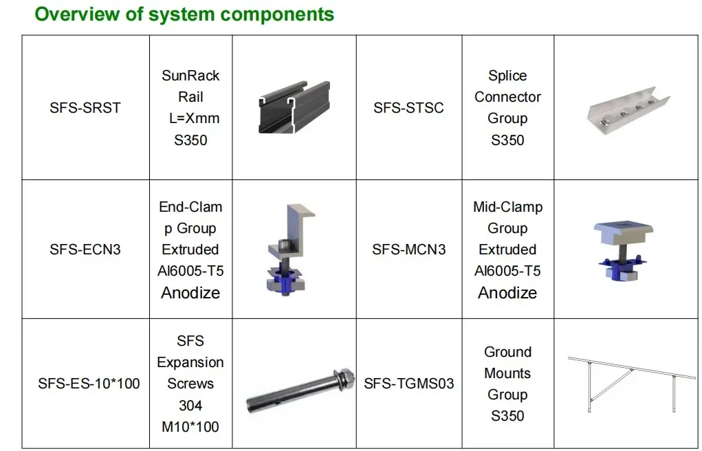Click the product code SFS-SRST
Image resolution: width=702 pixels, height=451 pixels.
click(x=85, y=108)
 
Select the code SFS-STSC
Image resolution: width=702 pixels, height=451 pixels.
click(x=408, y=108)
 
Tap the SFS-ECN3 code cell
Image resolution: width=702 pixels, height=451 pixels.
click(x=85, y=250)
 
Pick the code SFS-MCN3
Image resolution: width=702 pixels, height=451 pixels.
click(x=408, y=250)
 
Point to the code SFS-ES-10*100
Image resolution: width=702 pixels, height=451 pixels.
click(x=89, y=384)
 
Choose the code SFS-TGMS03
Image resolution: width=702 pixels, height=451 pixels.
click(x=409, y=384)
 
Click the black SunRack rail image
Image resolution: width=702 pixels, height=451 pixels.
click(x=294, y=107)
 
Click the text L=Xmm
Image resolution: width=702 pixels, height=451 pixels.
click(x=194, y=118)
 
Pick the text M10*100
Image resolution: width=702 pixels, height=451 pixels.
click(x=190, y=427)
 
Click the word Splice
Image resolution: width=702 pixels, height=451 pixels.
click(x=507, y=76)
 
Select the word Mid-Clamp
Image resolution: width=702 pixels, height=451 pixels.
click(x=507, y=207)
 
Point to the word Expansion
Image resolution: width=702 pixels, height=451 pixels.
click(x=190, y=362)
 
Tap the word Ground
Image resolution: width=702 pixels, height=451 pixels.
click(x=507, y=352)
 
